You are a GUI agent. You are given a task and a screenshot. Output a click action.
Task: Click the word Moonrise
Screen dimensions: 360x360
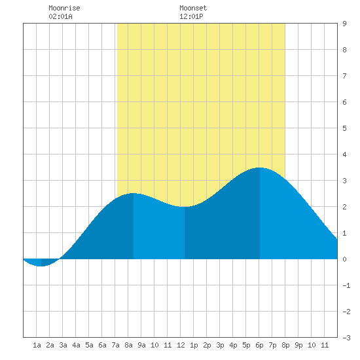[64, 8]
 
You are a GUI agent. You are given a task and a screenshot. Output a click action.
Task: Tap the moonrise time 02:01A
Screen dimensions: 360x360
[60, 16]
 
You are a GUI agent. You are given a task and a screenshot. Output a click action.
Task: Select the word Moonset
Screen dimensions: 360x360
[193, 8]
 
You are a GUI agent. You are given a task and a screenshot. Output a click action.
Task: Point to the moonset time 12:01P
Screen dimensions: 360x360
[191, 16]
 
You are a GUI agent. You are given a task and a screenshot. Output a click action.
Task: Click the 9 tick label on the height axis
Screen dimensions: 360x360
[344, 24]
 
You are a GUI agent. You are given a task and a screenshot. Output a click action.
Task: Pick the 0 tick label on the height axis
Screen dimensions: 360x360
[344, 259]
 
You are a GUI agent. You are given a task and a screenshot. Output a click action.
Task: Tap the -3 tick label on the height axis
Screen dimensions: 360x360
[346, 338]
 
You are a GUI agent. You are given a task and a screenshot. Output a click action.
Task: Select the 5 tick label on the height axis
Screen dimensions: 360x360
[344, 128]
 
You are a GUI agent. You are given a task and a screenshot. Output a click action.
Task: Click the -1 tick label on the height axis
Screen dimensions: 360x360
[346, 285]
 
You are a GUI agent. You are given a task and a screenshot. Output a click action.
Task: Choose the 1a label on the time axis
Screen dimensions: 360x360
[37, 345]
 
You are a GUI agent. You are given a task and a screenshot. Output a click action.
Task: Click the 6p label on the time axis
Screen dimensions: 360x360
[259, 345]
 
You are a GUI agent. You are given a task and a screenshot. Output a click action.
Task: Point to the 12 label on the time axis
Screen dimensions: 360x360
[181, 345]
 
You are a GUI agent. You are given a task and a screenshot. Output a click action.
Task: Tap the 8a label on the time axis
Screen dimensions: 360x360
[128, 345]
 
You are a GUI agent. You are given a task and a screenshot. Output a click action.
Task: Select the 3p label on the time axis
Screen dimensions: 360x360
[220, 345]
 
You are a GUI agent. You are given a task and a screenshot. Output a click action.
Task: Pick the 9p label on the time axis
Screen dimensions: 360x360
[298, 345]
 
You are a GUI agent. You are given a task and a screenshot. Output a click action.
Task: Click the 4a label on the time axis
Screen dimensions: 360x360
[76, 345]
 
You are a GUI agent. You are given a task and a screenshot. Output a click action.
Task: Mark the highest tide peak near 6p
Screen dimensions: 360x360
[260, 168]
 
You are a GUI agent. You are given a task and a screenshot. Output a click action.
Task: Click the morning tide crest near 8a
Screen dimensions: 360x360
[134, 193]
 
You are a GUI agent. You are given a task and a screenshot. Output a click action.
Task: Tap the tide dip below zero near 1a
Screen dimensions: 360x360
[41, 266]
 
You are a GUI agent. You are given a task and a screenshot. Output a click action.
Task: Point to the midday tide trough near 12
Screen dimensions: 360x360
[185, 207]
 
